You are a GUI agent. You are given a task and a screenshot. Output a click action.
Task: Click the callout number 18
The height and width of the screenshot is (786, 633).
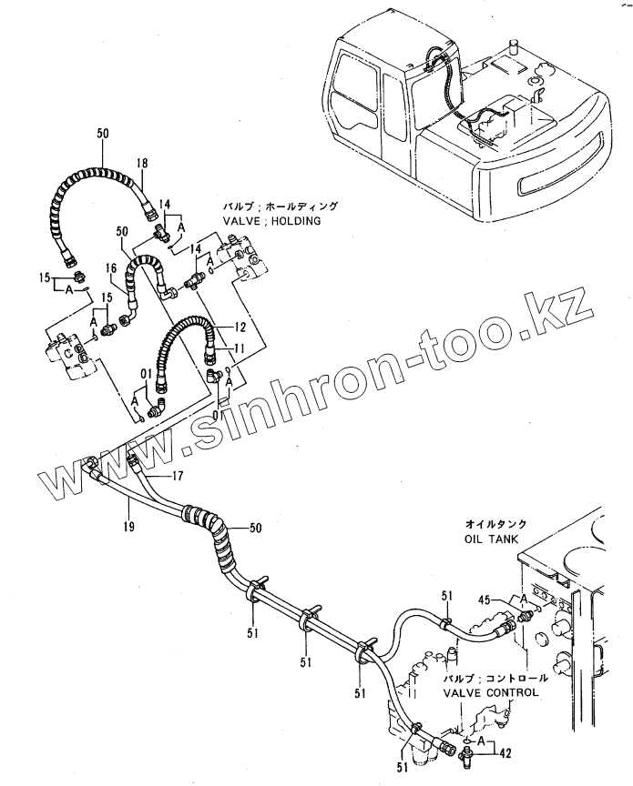[x=142, y=164]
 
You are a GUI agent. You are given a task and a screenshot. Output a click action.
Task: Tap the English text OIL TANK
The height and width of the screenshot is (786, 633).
[x=491, y=539]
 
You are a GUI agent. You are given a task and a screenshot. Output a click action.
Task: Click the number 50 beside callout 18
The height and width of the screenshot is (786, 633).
[x=102, y=134]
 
